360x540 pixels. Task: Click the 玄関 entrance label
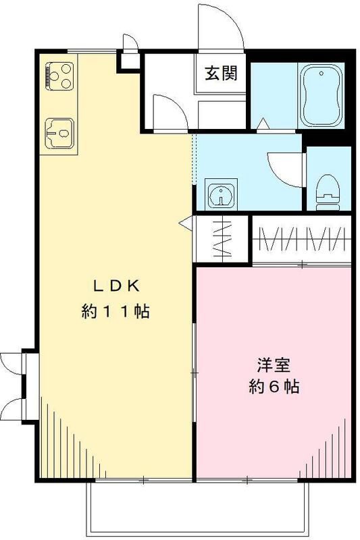click(221, 74)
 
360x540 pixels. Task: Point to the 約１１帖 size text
click(115, 312)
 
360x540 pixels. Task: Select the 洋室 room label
click(274, 365)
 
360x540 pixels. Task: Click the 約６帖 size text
click(274, 387)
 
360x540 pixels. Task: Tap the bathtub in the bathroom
click(322, 94)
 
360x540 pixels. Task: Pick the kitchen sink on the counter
click(59, 134)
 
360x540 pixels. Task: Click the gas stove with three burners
click(59, 76)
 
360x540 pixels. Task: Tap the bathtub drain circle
click(322, 74)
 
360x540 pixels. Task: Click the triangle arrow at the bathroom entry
click(263, 124)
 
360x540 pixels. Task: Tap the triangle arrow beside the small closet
click(185, 223)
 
